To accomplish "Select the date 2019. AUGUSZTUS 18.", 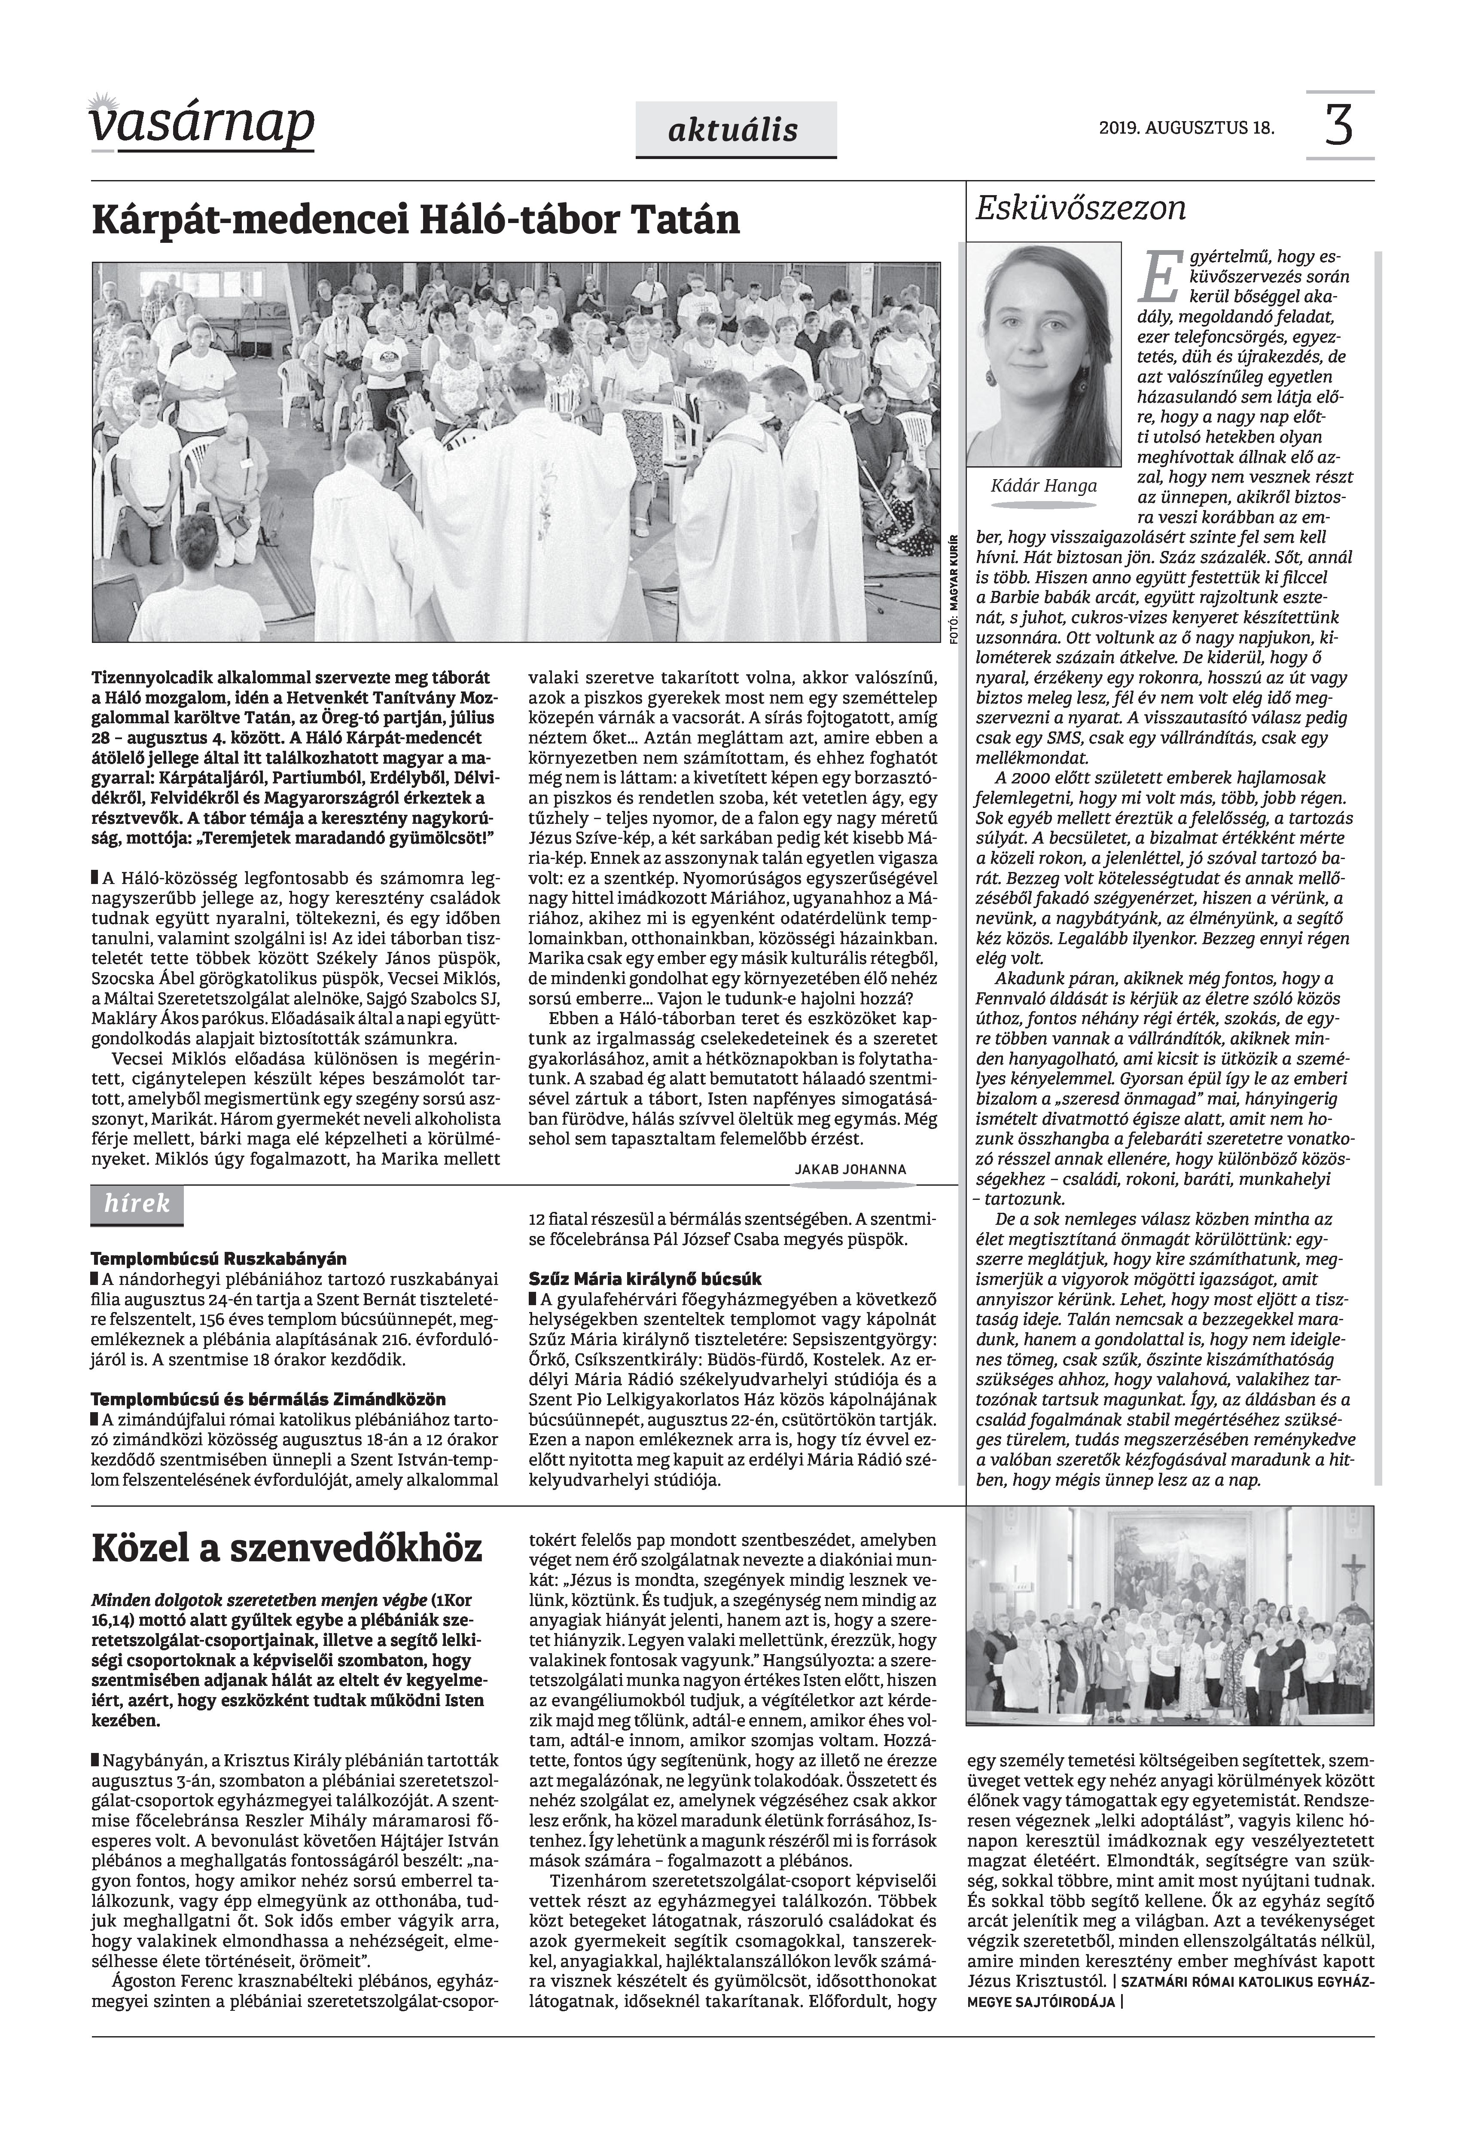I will click(x=1186, y=128).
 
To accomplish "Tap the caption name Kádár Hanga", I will click(x=1043, y=485).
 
